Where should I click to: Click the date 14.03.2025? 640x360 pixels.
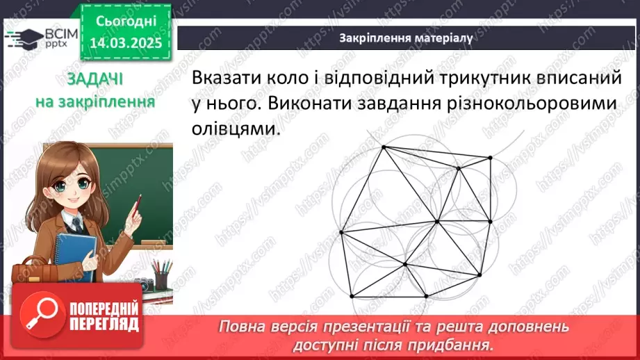point(125,42)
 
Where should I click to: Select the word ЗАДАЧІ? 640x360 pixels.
point(95,79)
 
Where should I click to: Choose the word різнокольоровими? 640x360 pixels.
point(528,104)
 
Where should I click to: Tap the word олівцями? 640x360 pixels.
point(233,129)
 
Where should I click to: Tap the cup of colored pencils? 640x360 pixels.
point(161,275)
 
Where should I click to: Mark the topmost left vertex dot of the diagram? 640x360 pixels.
point(383,147)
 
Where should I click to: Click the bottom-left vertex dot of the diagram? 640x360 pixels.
point(352,297)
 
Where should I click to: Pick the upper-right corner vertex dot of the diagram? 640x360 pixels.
point(491,158)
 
